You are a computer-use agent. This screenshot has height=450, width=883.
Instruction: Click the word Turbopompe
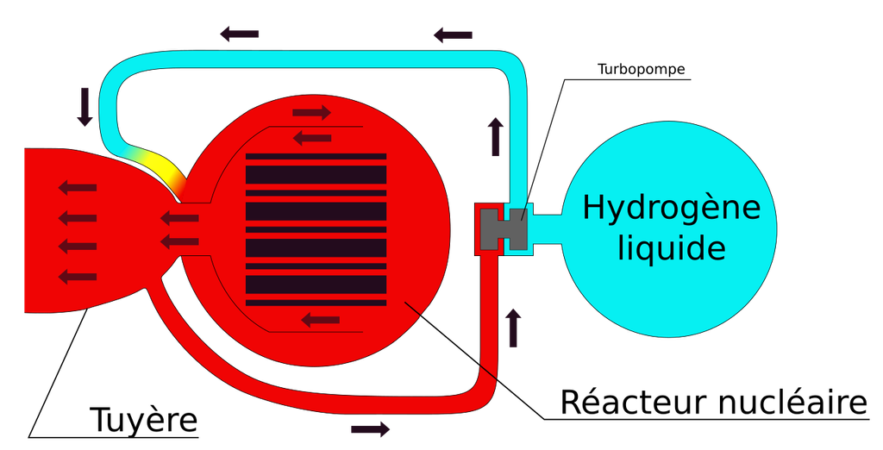642,70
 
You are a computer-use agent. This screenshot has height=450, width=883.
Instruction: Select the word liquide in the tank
671,247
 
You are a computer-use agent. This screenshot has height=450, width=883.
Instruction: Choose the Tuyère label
144,421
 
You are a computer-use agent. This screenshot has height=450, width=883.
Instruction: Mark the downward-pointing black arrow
85,106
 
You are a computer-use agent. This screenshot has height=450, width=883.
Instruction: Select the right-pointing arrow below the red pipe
370,429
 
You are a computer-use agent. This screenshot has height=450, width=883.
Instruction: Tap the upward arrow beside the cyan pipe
496,137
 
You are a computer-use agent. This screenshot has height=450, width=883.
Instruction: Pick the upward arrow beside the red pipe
513,328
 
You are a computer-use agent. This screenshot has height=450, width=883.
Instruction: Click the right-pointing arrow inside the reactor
311,113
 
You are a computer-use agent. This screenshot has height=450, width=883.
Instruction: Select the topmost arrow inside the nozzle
78,188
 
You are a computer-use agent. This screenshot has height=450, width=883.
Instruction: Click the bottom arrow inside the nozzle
78,277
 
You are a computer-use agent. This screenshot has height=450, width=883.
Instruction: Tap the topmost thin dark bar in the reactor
316,157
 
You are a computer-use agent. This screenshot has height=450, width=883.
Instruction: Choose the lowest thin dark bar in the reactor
316,303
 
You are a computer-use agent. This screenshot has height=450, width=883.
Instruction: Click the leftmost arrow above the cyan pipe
239,34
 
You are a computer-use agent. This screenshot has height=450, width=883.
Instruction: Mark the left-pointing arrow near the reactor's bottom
321,321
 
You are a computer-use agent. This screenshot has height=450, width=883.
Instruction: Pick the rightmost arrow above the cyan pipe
453,35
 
